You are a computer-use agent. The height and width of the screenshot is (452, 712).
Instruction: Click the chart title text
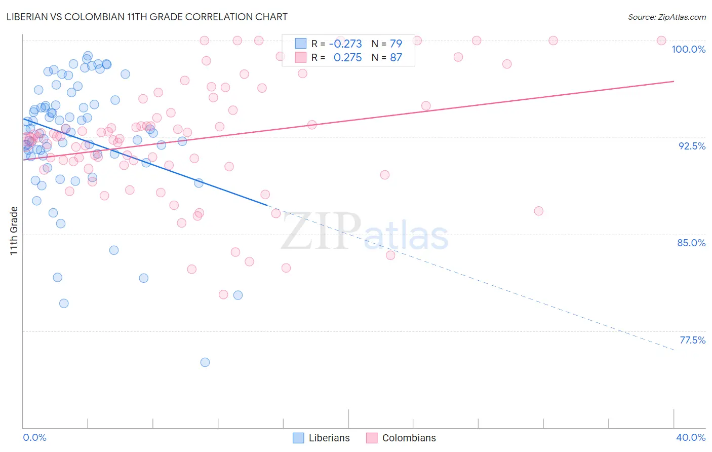click(x=147, y=17)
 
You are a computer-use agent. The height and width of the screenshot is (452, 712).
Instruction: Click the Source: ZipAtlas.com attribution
click(x=666, y=17)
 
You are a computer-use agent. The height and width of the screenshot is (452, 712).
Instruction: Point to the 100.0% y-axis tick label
click(x=688, y=49)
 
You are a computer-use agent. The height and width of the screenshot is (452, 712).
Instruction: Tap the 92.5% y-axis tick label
click(x=692, y=146)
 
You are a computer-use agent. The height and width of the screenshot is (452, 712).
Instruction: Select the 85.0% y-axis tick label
click(x=691, y=243)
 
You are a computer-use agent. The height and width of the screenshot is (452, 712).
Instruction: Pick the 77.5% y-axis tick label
click(x=692, y=340)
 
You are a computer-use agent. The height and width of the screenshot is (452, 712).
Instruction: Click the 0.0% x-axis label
click(x=34, y=437)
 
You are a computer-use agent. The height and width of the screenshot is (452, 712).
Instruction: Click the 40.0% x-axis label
click(x=691, y=437)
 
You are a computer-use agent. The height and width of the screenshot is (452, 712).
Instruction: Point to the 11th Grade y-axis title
click(x=14, y=231)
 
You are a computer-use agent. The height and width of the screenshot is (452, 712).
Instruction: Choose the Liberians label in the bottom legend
click(x=329, y=438)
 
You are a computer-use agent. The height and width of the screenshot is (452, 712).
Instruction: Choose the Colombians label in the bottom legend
click(x=409, y=438)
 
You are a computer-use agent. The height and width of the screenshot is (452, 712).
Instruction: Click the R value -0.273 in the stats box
click(x=345, y=44)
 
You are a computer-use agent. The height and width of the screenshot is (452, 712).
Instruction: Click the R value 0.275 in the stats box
click(x=347, y=58)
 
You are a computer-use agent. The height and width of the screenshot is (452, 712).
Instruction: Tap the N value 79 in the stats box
click(x=395, y=44)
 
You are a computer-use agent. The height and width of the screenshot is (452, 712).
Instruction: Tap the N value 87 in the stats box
click(x=395, y=58)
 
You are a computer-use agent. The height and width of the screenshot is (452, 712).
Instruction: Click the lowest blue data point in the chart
click(x=205, y=362)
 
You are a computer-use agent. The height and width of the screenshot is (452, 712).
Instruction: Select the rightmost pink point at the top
click(x=661, y=41)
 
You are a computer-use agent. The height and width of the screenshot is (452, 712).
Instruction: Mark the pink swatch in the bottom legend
click(x=372, y=438)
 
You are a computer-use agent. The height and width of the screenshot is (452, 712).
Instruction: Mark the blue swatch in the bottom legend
click(x=299, y=438)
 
